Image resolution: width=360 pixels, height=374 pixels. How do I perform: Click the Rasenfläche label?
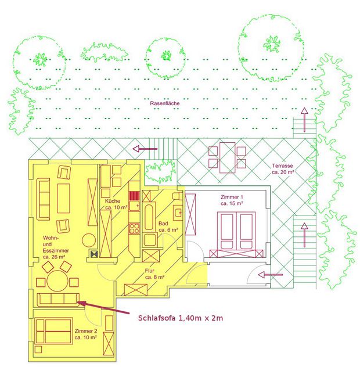(165, 103)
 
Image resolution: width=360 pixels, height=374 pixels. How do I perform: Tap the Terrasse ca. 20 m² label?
(283, 169)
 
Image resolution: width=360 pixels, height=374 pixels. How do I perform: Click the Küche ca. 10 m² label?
(116, 204)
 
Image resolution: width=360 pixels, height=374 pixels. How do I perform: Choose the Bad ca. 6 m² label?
(168, 227)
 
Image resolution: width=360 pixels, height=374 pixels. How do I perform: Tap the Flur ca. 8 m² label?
(154, 274)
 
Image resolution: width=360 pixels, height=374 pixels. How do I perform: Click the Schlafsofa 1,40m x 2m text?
(181, 318)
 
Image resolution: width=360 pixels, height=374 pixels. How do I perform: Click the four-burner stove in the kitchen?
(134, 228)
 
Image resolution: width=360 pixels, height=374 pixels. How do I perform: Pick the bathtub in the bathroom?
(149, 217)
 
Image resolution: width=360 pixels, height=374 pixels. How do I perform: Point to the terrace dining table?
(228, 157)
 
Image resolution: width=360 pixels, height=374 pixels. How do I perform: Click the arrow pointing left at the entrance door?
(271, 275)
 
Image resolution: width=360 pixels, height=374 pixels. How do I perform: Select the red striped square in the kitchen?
(135, 196)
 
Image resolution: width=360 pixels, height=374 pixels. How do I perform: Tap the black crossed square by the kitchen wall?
(95, 254)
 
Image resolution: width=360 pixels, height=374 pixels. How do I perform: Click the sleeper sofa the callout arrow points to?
(58, 300)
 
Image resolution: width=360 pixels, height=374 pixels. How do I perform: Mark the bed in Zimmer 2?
(53, 331)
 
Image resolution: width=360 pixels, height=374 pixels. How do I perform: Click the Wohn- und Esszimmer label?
(56, 247)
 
